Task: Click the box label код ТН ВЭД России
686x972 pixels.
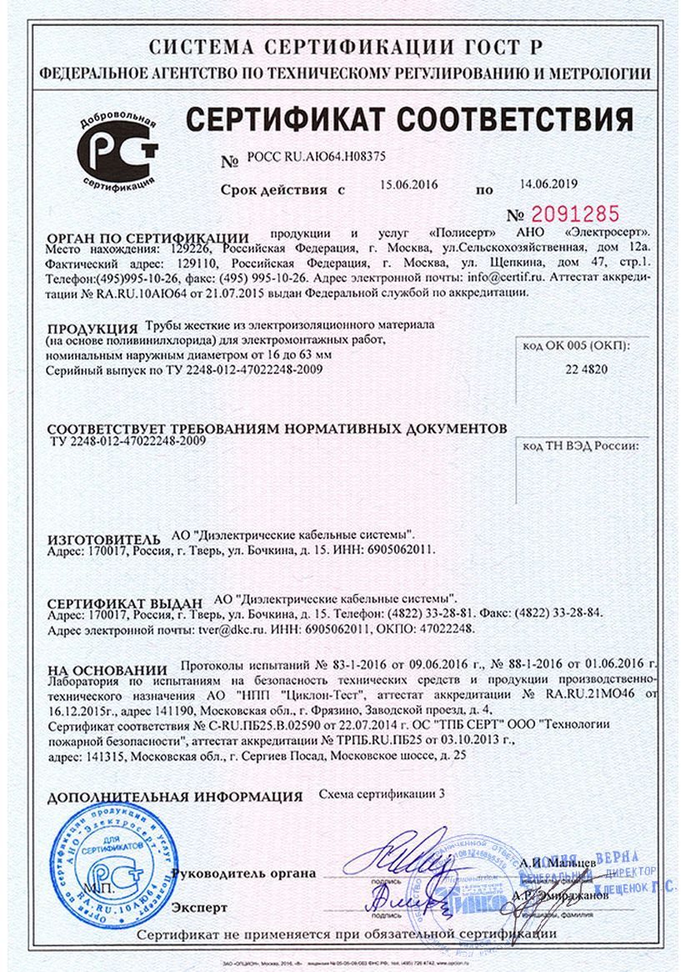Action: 581,446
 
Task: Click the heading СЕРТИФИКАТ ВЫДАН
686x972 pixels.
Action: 125,602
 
